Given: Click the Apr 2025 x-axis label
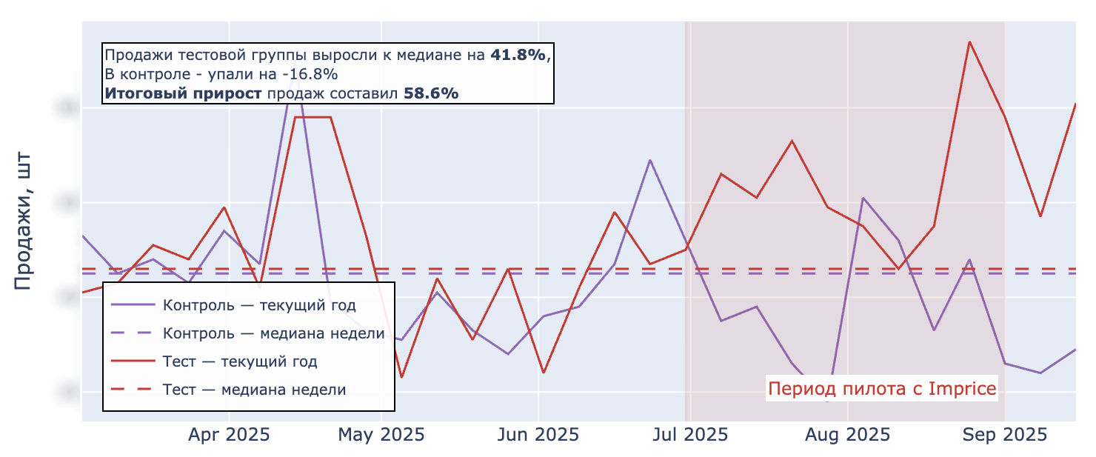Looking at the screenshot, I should [x=229, y=435].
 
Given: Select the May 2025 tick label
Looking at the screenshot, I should [x=381, y=435].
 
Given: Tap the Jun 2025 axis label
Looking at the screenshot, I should [x=538, y=435].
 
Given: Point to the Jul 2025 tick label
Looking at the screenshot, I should [x=690, y=435].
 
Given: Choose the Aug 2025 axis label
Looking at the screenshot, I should [x=847, y=435].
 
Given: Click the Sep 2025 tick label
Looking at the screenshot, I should [x=1004, y=435].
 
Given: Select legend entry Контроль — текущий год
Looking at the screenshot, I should [x=259, y=305].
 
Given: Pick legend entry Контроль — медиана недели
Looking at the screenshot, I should [x=273, y=333].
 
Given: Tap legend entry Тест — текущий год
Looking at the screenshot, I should [x=240, y=361].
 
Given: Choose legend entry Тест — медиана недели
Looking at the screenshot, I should [x=254, y=390].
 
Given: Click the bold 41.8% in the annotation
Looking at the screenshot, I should [x=518, y=55].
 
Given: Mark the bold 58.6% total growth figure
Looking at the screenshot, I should [x=430, y=93].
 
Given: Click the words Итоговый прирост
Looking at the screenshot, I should [x=183, y=93].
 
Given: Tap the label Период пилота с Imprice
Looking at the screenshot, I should [x=882, y=389].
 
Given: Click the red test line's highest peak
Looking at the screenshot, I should [x=969, y=41].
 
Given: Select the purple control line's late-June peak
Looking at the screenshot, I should [x=649, y=160].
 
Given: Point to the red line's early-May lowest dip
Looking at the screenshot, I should [x=401, y=377].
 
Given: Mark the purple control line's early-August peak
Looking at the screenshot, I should [x=863, y=198].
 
